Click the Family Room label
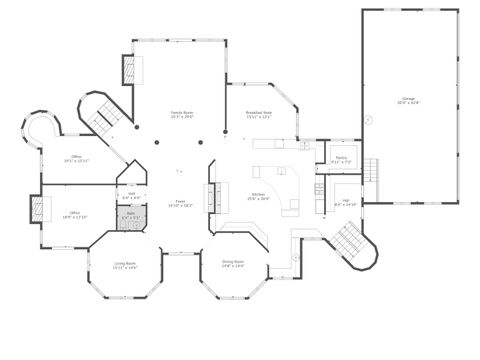point(181,115)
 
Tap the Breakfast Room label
point(259,115)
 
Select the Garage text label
point(408,101)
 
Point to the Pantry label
point(340,159)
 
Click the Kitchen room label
point(258,196)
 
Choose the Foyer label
point(181,204)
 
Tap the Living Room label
point(125,265)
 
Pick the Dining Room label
point(233,265)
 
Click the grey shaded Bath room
point(131,217)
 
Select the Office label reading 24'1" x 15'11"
point(77,159)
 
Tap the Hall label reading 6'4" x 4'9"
point(131,195)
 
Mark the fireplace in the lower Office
point(39,209)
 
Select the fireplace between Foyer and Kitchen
point(211,195)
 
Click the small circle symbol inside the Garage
point(368,119)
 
